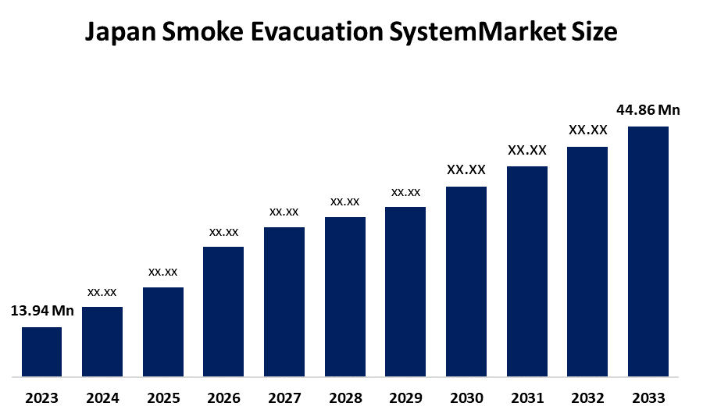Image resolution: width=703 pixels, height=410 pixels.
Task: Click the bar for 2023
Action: coord(41,351)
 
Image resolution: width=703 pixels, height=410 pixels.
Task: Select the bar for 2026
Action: coord(223,312)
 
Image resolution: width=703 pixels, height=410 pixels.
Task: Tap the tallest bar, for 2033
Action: coord(648,251)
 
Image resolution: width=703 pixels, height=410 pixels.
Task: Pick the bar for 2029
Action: coord(405,291)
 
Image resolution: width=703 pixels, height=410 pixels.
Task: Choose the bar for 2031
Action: coord(527,271)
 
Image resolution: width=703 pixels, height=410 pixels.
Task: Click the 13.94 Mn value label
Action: coord(42,311)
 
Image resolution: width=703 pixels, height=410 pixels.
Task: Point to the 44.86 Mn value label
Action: coord(648,110)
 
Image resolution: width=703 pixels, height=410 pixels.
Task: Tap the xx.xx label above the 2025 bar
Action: coord(163,272)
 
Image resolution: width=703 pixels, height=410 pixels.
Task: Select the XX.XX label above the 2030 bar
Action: coord(466,169)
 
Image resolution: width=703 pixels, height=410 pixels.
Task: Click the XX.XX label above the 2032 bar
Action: coord(587,130)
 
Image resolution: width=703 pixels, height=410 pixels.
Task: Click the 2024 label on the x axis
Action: coord(102,398)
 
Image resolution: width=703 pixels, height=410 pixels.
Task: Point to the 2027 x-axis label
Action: coord(284,398)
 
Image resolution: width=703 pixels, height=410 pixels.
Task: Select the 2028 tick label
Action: coord(345,398)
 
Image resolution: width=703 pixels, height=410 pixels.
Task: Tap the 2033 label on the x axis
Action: coord(648,398)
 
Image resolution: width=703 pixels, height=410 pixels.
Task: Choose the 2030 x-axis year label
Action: coord(466,398)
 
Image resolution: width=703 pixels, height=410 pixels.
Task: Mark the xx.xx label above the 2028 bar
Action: coord(345,201)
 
